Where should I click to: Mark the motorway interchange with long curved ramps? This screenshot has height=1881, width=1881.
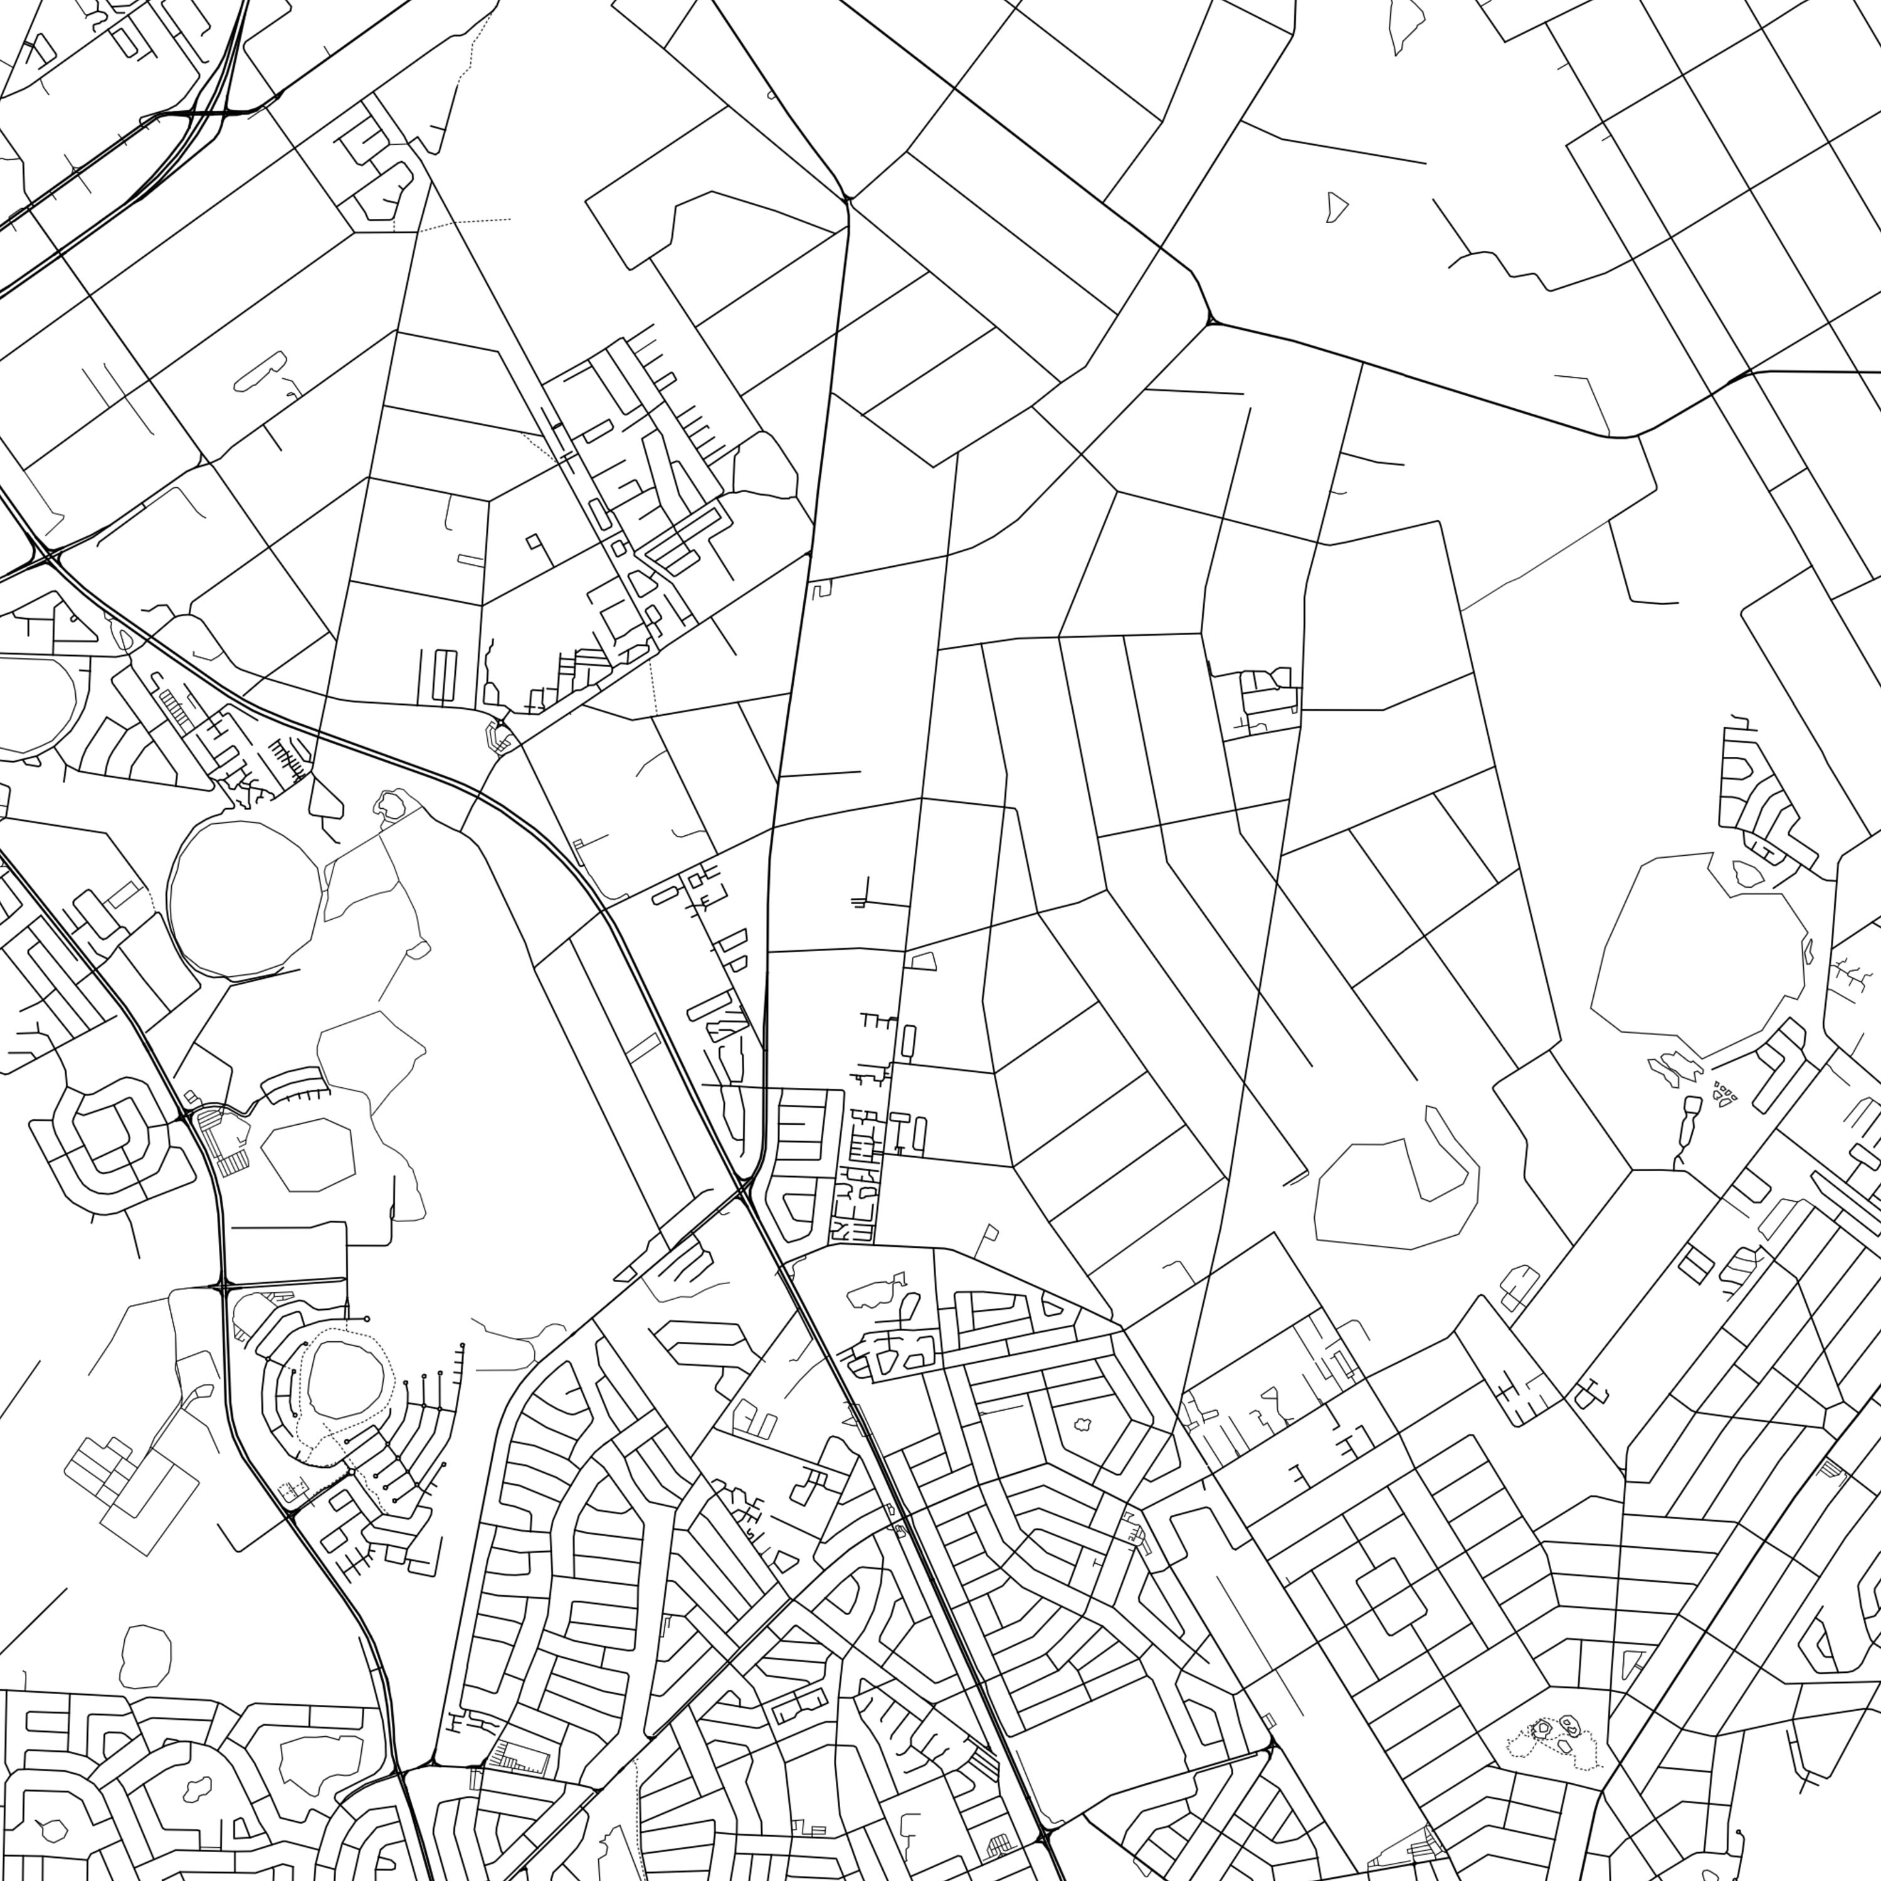click(x=199, y=112)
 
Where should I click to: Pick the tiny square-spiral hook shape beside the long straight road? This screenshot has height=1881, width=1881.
click(x=823, y=588)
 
